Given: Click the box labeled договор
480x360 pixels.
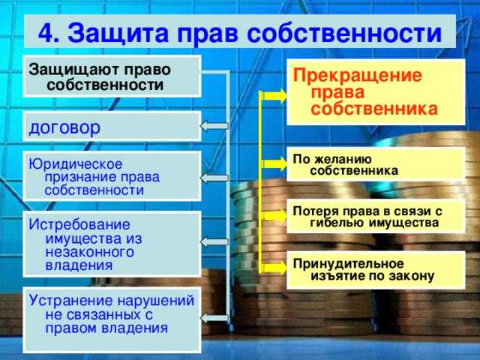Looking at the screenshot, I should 112,127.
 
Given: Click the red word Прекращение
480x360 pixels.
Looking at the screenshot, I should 347,76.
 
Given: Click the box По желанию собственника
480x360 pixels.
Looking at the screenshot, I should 376,164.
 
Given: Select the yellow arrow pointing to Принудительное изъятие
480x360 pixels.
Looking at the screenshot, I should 273,265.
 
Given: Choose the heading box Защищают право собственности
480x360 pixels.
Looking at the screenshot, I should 112,76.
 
